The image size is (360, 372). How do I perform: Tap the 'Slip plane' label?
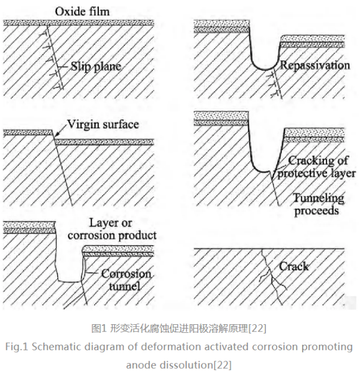click(x=96, y=66)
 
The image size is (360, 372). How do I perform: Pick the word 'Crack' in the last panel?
click(x=293, y=266)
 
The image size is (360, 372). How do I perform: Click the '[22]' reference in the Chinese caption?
click(x=257, y=329)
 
